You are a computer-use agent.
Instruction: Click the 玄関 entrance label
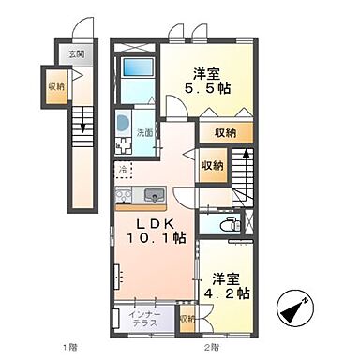click(x=75, y=54)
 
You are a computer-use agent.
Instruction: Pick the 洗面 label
click(x=145, y=132)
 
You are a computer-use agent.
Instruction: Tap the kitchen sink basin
click(x=154, y=196)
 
